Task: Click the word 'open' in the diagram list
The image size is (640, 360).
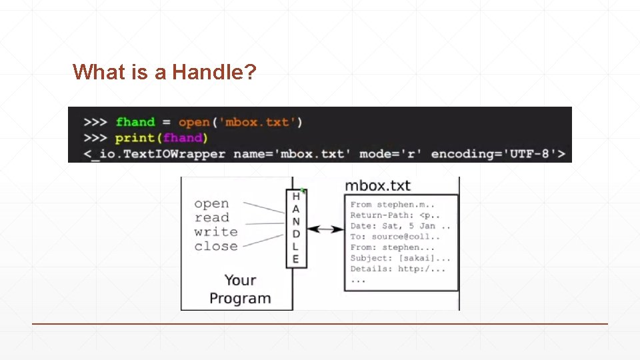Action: pos(211,203)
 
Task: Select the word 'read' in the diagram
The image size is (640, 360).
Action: pos(211,217)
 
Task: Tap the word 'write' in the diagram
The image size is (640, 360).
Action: pos(215,232)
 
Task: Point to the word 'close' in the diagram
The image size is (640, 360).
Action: pos(215,246)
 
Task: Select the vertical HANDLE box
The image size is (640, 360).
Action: pos(296,228)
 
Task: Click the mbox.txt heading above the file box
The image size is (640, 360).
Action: pos(377,186)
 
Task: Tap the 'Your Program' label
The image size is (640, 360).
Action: pos(240,289)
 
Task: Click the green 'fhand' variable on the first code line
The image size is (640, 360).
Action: pos(135,122)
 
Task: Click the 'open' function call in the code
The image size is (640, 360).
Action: pos(193,122)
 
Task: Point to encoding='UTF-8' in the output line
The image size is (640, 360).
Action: pos(498,154)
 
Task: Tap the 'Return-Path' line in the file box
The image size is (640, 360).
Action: pos(395,215)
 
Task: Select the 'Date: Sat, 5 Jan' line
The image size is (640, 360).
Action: pos(400,226)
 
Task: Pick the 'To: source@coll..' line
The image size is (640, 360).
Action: pos(395,237)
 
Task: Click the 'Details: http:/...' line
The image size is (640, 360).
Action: pos(397,269)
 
